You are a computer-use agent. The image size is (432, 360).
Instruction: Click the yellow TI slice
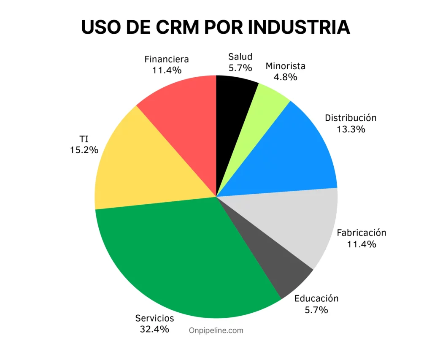pyautogui.click(x=135, y=169)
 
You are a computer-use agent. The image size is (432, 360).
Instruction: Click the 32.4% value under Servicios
pyautogui.click(x=154, y=329)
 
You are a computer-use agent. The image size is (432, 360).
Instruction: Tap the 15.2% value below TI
pyautogui.click(x=84, y=149)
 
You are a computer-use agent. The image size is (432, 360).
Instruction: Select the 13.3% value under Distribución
pyautogui.click(x=351, y=129)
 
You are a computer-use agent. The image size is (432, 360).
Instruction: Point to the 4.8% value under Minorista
pyautogui.click(x=285, y=77)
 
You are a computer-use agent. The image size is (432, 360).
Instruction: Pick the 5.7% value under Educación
pyautogui.click(x=316, y=310)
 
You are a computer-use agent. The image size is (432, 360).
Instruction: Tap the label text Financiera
pyautogui.click(x=167, y=59)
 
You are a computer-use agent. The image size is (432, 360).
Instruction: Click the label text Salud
pyautogui.click(x=240, y=57)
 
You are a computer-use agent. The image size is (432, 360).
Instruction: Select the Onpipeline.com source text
pyautogui.click(x=216, y=330)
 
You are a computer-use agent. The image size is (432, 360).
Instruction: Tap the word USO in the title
pyautogui.click(x=100, y=27)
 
